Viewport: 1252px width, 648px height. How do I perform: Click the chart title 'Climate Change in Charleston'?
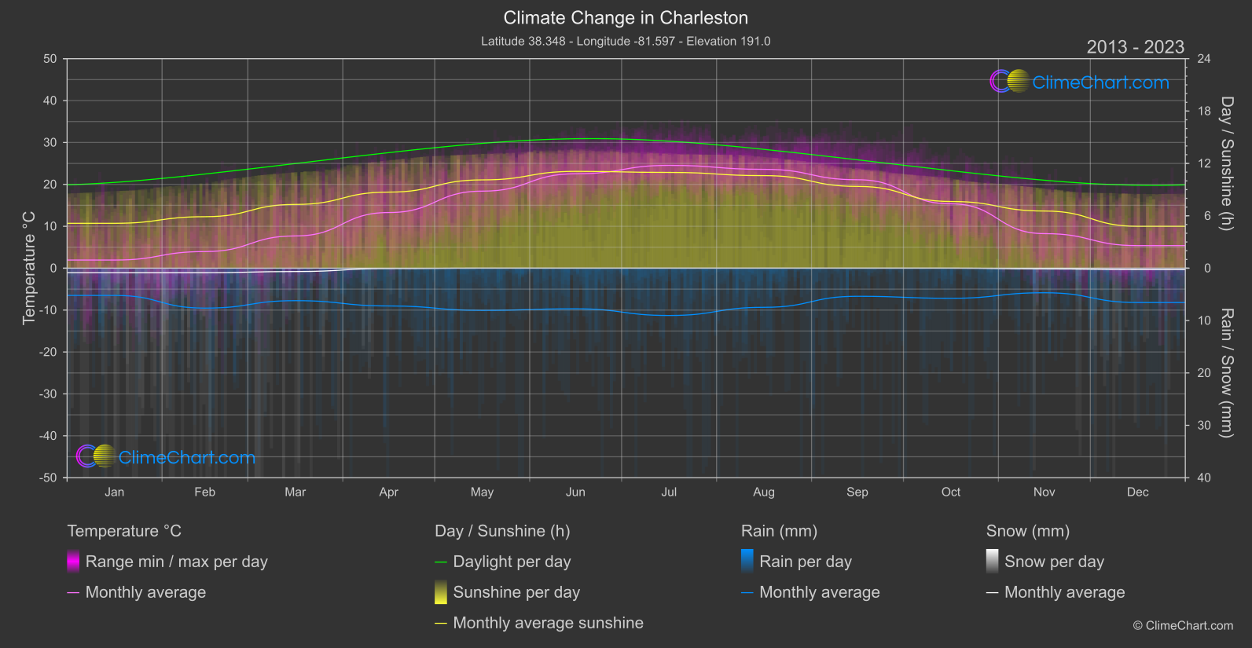click(x=626, y=18)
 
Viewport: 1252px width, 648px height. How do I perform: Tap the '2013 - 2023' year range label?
click(x=1135, y=47)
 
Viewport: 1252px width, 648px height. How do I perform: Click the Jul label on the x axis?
click(x=669, y=492)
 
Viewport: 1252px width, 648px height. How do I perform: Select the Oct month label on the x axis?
click(x=951, y=492)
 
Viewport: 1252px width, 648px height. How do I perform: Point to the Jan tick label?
click(x=115, y=492)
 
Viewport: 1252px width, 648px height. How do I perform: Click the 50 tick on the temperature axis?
click(x=50, y=59)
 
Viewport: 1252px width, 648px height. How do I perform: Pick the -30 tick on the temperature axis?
click(x=48, y=394)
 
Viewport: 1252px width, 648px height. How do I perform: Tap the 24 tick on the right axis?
click(x=1203, y=59)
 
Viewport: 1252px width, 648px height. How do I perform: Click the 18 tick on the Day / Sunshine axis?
click(x=1203, y=112)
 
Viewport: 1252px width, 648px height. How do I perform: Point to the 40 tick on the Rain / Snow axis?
click(x=1203, y=478)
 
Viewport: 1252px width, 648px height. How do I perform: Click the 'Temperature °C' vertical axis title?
click(x=29, y=268)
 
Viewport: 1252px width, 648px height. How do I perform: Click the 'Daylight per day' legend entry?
click(x=512, y=562)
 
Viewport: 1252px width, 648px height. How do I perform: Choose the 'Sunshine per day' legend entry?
click(x=516, y=592)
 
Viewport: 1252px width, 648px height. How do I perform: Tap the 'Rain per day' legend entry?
click(x=805, y=562)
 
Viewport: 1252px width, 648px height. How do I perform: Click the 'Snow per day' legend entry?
click(x=1054, y=562)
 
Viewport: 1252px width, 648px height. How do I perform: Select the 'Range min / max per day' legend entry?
click(x=176, y=562)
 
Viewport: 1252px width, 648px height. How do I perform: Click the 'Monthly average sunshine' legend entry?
click(x=548, y=623)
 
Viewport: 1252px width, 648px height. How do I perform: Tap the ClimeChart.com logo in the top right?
click(x=1080, y=82)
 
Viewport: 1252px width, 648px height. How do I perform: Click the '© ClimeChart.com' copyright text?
click(x=1183, y=626)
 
